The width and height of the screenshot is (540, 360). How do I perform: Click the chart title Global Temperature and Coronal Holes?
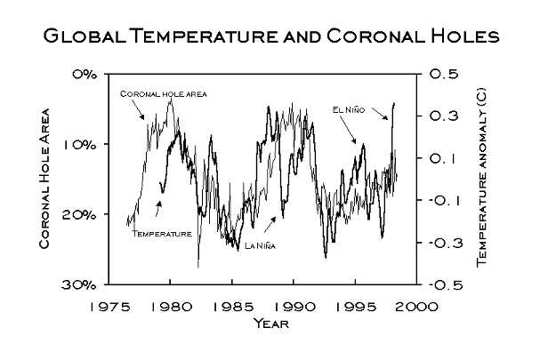point(270,36)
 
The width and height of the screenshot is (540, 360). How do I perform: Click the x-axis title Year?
point(270,323)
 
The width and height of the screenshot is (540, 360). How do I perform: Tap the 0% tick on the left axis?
point(85,74)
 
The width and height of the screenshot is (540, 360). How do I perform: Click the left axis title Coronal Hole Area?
point(44,178)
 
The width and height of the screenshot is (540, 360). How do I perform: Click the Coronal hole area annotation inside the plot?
point(163,93)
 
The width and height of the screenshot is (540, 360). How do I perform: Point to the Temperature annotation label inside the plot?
point(162,233)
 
